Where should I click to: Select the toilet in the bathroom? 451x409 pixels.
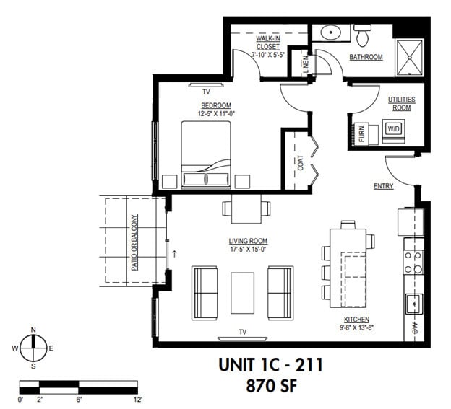click(362, 34)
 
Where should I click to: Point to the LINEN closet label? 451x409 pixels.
click(305, 63)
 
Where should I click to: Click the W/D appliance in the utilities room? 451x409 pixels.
click(393, 129)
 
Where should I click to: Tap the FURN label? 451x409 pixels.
click(361, 134)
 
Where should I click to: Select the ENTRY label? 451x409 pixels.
click(383, 186)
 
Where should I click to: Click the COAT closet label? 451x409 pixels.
click(299, 163)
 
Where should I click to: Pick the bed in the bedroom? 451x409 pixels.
click(205, 153)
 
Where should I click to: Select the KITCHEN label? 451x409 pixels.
click(357, 320)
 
